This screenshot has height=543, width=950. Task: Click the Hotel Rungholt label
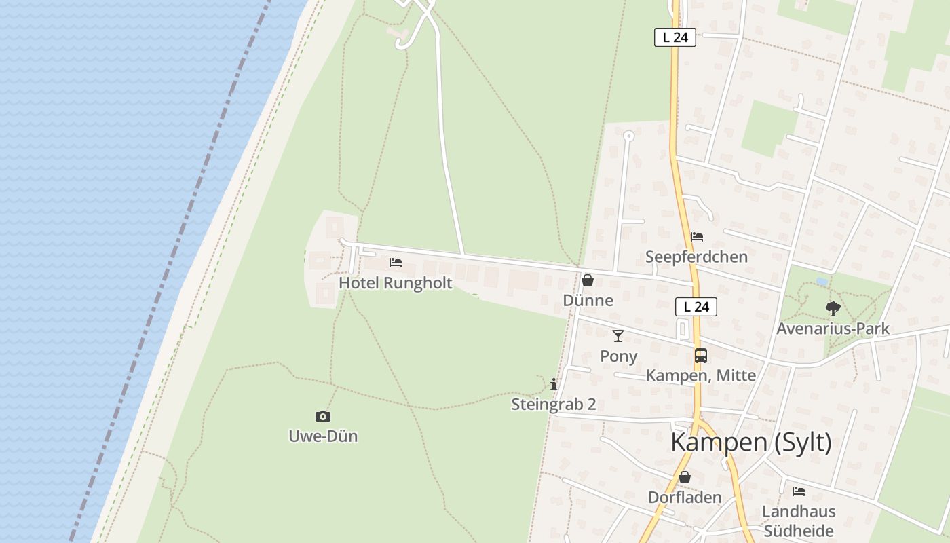395,283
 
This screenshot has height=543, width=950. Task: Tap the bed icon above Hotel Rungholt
396,263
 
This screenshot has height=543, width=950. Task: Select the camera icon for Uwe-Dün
323,416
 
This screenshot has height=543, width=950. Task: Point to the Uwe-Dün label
323,436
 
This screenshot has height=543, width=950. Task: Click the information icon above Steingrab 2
554,384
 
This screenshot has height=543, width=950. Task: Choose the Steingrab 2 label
554,405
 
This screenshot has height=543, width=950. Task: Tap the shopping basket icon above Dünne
588,280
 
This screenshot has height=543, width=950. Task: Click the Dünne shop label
588,300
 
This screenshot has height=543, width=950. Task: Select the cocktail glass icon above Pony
618,335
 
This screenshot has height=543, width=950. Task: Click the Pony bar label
618,356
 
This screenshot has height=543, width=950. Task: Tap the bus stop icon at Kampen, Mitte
700,355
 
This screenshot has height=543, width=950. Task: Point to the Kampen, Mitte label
700,375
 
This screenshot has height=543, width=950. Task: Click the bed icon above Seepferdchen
697,237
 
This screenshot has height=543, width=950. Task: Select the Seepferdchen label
696,257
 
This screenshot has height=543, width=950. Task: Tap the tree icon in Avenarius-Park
833,309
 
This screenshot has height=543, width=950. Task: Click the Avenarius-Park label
833,329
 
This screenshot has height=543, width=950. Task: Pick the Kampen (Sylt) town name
751,442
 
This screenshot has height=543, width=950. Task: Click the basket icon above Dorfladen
685,477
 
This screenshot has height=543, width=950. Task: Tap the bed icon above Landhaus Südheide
799,491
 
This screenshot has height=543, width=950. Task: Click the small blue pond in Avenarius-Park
821,281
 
